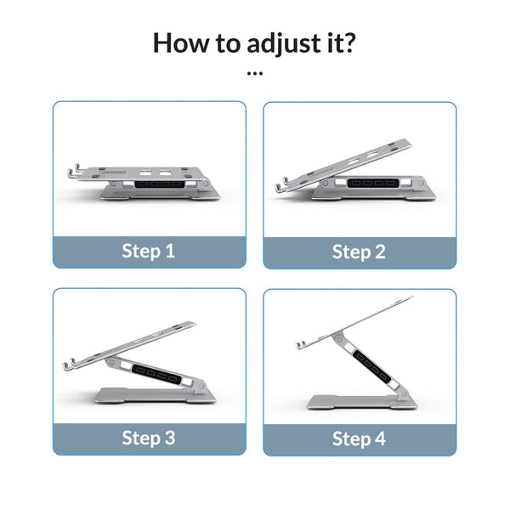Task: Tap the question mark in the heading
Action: (x=350, y=42)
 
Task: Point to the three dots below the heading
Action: (x=254, y=73)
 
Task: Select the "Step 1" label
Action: (x=149, y=252)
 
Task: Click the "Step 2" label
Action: (x=358, y=252)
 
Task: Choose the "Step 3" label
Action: (x=149, y=438)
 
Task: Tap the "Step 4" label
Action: (x=358, y=439)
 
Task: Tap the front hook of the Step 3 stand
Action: (x=71, y=366)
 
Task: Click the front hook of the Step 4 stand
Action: (x=303, y=347)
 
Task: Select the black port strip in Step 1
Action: (x=159, y=183)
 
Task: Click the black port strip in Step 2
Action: (x=371, y=183)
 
